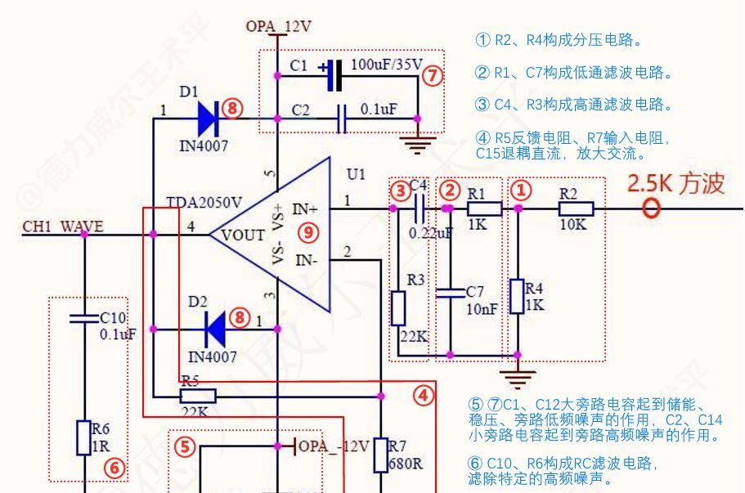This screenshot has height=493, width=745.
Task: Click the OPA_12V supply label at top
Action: pos(278,26)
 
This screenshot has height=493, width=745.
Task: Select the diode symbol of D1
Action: pos(208,119)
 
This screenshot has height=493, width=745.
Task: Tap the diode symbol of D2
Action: pos(215,329)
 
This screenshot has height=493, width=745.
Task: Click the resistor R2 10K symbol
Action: pos(576,209)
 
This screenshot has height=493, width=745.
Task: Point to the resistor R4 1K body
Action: pos(516,296)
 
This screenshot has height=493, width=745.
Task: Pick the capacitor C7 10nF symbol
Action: pos(449,292)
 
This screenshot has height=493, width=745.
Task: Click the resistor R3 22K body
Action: pos(398,307)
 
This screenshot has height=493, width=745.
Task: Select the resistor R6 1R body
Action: pos(83,437)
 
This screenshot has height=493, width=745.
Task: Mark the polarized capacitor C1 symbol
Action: pos(332,75)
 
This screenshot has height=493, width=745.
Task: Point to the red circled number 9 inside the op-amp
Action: pos(307,232)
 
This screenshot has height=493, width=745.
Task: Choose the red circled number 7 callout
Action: pos(433,76)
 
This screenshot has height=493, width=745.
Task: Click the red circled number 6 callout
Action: pos(114,467)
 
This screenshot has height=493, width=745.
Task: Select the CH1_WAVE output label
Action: pos(63,226)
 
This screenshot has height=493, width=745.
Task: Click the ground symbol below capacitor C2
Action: pos(418,145)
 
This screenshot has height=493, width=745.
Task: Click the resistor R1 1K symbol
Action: pos(478,208)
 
